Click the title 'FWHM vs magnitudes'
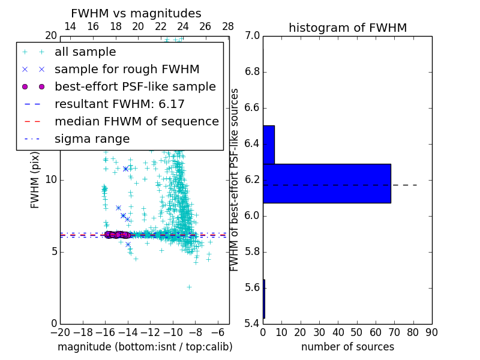tap(136, 14)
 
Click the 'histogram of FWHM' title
tap(347, 28)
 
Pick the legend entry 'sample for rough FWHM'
tap(127, 69)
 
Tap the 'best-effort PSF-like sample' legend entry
tap(135, 86)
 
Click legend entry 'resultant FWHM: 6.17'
tap(119, 104)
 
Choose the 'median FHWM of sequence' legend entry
tap(136, 121)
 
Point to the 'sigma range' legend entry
tap(92, 139)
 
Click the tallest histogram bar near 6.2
tap(327, 183)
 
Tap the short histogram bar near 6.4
tap(269, 145)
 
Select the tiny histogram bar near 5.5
tap(264, 298)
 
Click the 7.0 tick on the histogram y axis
tap(252, 36)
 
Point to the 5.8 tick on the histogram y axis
tap(252, 251)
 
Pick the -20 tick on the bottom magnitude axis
tap(60, 332)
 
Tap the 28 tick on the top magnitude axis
tap(228, 26)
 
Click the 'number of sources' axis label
tap(347, 347)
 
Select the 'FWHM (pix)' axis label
tap(35, 180)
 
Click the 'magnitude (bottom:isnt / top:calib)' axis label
tap(145, 347)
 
